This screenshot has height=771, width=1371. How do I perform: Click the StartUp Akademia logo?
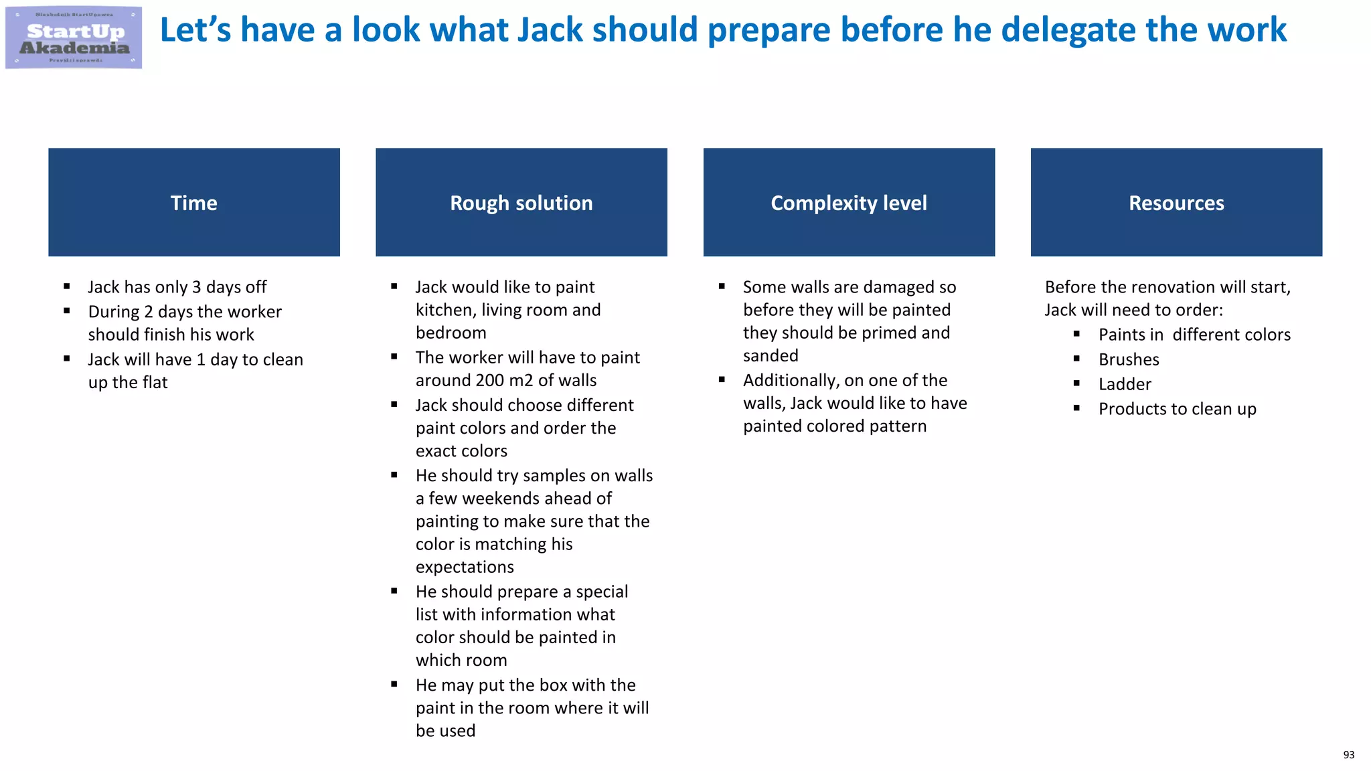click(x=74, y=38)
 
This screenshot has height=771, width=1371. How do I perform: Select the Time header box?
click(x=194, y=202)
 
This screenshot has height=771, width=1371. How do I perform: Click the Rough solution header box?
click(x=521, y=202)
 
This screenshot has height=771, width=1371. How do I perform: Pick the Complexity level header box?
click(x=849, y=202)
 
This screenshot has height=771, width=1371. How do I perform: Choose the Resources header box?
click(x=1176, y=202)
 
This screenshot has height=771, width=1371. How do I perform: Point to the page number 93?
click(x=1348, y=755)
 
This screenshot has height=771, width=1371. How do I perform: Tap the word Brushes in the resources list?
click(x=1129, y=360)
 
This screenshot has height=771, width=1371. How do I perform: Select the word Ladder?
click(x=1125, y=385)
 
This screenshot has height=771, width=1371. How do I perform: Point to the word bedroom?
click(x=451, y=333)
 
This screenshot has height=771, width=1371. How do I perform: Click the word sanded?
click(x=771, y=356)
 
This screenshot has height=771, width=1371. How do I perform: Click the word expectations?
click(x=465, y=568)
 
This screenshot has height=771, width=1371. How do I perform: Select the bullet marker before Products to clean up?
click(x=1076, y=408)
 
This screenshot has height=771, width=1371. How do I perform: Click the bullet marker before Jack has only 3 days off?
click(x=67, y=286)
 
